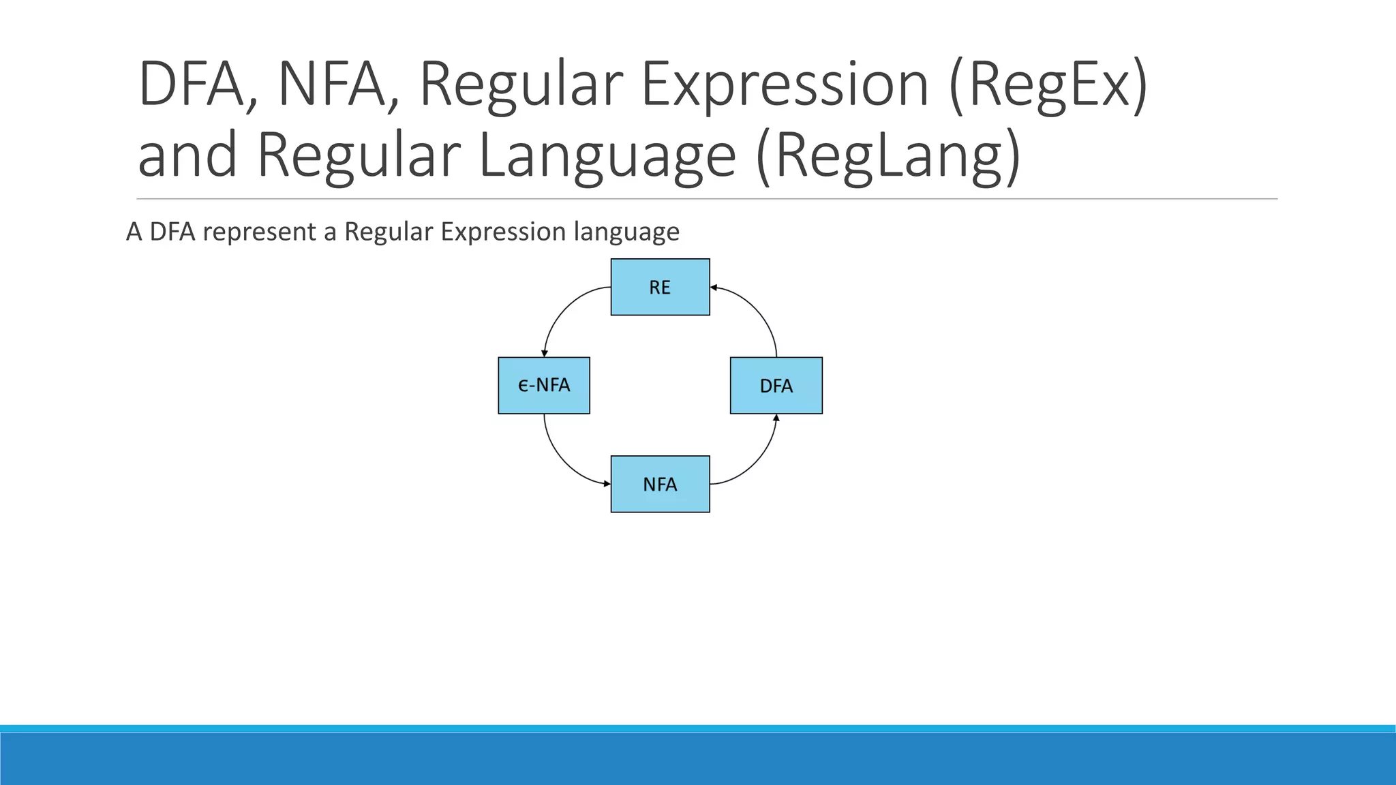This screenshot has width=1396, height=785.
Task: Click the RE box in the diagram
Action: [x=660, y=287]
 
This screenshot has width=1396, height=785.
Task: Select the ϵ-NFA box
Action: [x=544, y=386]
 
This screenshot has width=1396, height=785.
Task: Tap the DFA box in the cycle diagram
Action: [x=776, y=386]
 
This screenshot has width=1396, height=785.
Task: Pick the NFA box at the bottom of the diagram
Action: [x=660, y=484]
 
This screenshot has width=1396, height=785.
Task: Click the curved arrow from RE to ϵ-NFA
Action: [x=563, y=309]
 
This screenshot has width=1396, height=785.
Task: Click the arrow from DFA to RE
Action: [x=758, y=311]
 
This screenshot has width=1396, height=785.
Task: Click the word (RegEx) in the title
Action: [x=1048, y=84]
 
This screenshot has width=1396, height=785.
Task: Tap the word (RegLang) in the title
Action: [x=889, y=155]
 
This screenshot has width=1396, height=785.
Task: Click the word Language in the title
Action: [x=608, y=155]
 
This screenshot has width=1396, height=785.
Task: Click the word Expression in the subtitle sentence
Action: [x=503, y=232]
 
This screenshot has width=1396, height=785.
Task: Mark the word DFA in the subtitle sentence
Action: [x=172, y=232]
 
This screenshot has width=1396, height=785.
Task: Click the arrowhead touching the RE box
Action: [x=714, y=288]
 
